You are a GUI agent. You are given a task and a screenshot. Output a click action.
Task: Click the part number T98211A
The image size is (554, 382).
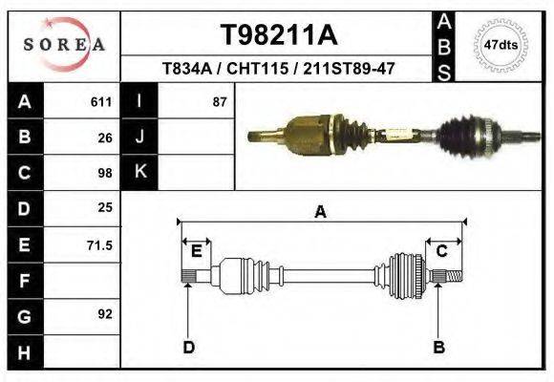pos(279,35)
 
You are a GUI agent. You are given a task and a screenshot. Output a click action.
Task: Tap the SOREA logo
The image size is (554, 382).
pos(64,44)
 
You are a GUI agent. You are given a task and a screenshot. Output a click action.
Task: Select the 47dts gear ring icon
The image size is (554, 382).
pos(501,45)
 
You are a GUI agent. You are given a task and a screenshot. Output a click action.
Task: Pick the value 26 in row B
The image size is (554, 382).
pos(105,138)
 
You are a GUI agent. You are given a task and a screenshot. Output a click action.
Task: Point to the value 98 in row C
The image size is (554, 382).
pos(105,174)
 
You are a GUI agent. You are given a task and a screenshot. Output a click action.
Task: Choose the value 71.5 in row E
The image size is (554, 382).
pos(99,245)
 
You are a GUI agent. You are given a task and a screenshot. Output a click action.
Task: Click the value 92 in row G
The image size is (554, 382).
pos(105,314)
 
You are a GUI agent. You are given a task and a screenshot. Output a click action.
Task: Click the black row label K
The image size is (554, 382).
pos(140,173)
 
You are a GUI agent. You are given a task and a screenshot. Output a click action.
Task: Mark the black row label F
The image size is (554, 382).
pos(24,281)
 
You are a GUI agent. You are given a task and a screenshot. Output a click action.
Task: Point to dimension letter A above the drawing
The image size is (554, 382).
pos(321,213)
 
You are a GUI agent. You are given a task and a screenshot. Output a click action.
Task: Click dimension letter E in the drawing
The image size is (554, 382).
pos(196,251)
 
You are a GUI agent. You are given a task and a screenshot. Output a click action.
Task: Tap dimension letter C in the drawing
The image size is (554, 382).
pos(442,251)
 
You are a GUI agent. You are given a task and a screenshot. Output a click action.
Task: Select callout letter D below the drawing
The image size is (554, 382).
pos(189,347)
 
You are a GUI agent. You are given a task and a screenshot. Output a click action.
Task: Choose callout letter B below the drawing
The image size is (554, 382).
pos(439,347)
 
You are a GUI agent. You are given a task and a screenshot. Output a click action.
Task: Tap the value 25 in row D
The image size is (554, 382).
pos(105,207)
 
